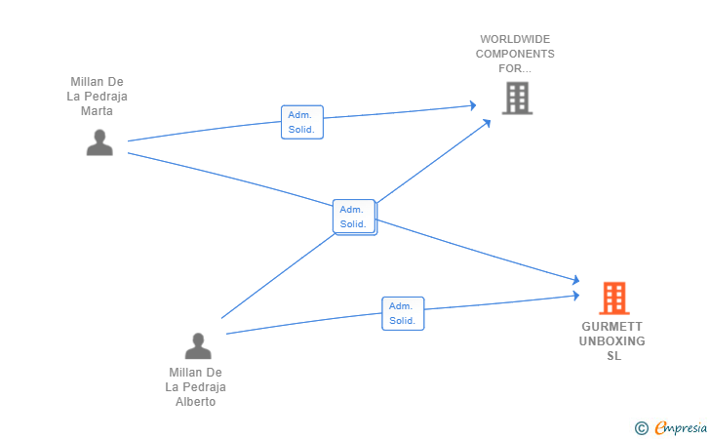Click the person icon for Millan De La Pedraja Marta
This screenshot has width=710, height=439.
(99, 142)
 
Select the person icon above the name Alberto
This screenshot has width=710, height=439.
(198, 345)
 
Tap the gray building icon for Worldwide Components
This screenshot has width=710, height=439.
(517, 98)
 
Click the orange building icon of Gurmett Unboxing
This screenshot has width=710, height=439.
(614, 299)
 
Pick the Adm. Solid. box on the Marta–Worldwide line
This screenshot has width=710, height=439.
(302, 122)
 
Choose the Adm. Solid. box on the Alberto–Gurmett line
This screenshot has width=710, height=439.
(403, 313)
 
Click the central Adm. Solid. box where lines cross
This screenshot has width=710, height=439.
(355, 217)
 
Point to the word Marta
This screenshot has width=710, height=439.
(97, 111)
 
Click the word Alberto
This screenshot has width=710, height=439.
(196, 402)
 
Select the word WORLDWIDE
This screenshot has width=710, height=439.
(515, 39)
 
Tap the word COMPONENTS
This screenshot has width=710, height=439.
(515, 54)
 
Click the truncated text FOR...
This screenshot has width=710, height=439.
(515, 68)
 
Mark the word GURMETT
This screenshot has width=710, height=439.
(612, 327)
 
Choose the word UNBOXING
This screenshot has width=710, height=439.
(612, 341)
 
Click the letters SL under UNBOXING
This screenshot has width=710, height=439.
(614, 356)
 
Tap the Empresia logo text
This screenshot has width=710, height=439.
(681, 427)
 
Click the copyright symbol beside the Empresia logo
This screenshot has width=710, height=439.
(641, 428)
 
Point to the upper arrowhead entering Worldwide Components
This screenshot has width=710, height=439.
(473, 105)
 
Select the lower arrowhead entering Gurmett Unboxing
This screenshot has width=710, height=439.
(576, 296)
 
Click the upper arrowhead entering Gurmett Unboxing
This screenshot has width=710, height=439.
(576, 280)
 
